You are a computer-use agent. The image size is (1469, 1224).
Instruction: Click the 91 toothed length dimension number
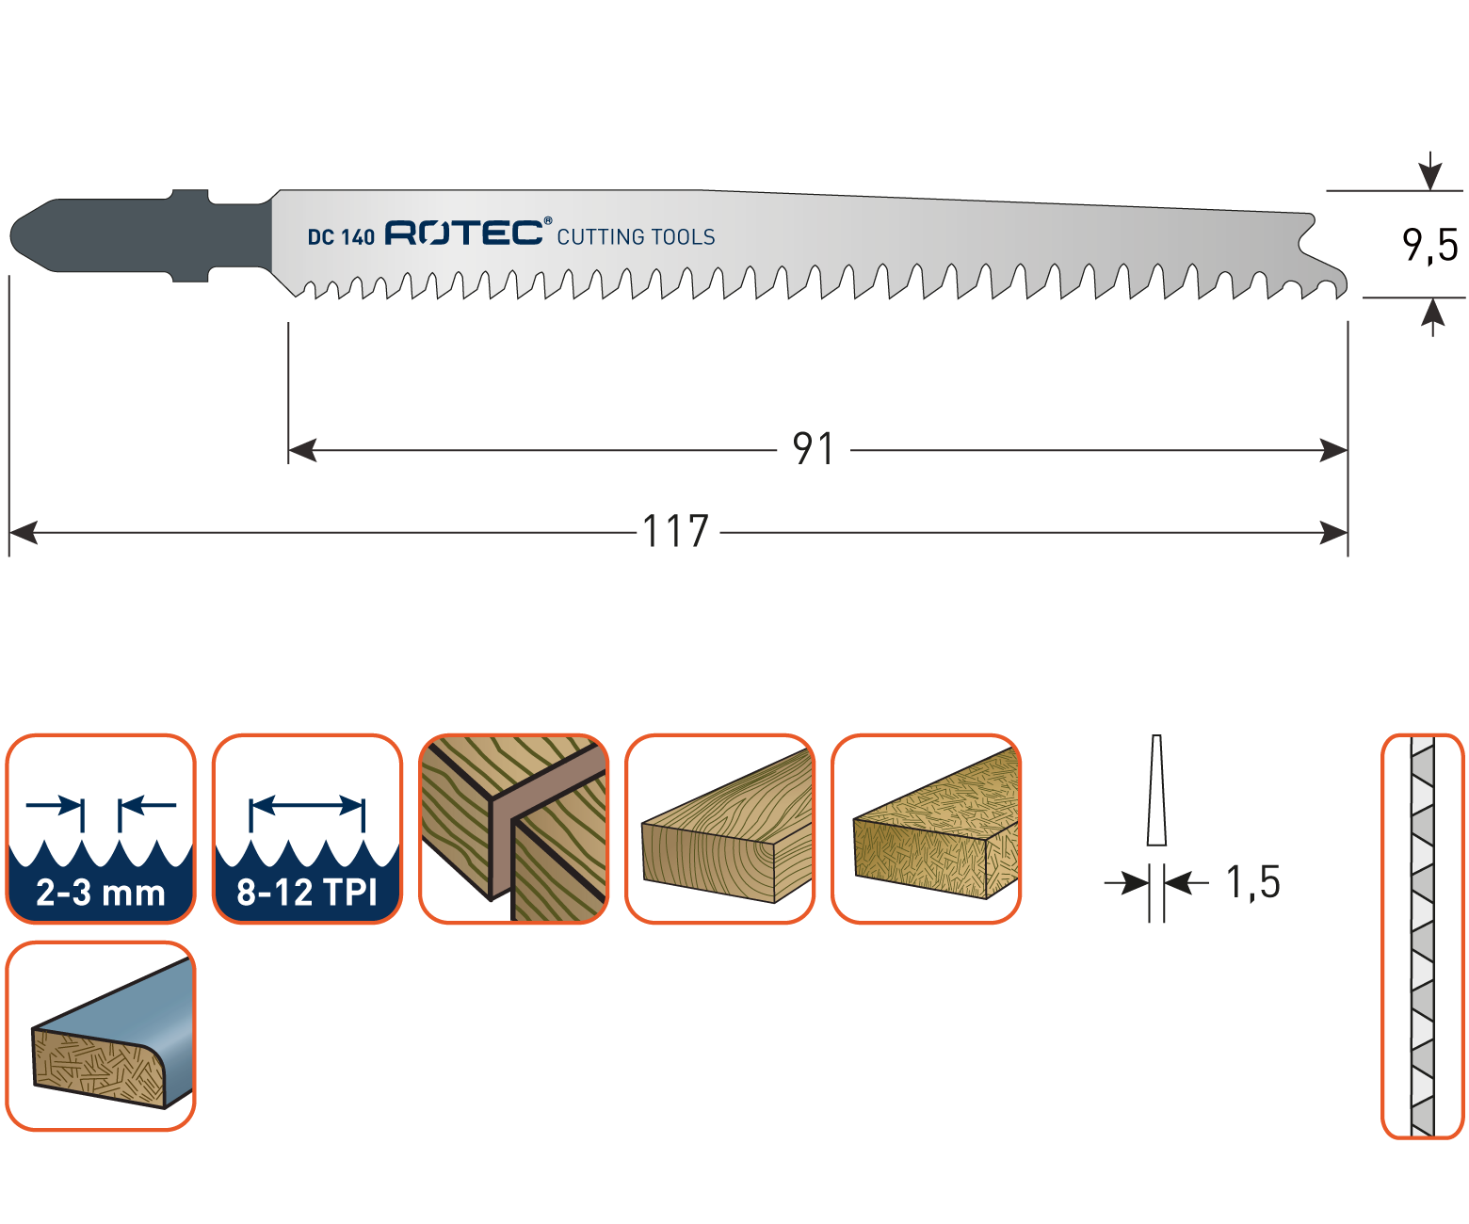point(814,449)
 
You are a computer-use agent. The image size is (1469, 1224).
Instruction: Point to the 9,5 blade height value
point(1429,246)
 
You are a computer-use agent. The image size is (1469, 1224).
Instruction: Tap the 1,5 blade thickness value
point(1252,882)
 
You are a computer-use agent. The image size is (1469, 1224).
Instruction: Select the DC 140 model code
point(341,237)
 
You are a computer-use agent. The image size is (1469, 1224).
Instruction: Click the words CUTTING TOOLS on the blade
point(636,237)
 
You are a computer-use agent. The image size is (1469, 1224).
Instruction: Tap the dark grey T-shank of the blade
point(140,235)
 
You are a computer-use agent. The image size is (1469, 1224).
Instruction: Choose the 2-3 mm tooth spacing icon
point(101,829)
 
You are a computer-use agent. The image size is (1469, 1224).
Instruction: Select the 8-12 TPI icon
point(307,829)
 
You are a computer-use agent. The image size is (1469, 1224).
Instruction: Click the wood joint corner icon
point(513,829)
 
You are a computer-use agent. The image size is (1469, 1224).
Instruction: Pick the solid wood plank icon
point(719,829)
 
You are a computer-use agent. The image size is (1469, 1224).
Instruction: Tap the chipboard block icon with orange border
point(926,829)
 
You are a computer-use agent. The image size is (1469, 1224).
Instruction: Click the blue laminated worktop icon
point(101,1036)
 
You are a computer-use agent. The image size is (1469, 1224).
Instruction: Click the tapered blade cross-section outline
point(1156,790)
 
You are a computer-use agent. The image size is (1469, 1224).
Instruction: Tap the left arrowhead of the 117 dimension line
point(24,533)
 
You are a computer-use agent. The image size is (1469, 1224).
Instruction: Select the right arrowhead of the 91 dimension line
point(1333,450)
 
